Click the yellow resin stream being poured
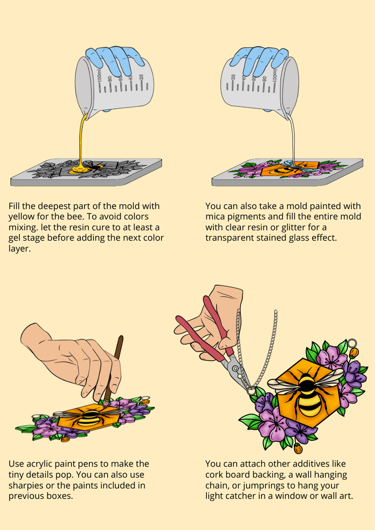pos(81,142)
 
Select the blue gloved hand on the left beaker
pos(115,59)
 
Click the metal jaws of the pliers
pos(237,372)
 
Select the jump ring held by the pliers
pos(251,391)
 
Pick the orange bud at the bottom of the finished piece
pos(298,448)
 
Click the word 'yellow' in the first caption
pos(22,217)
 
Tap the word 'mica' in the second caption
pos(215,216)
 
